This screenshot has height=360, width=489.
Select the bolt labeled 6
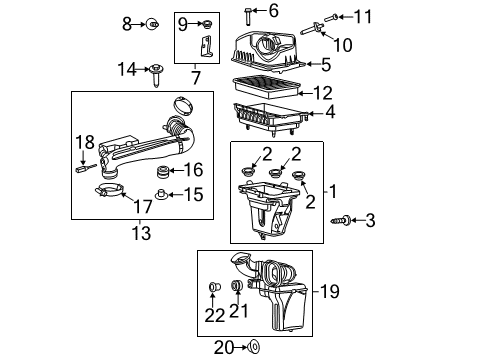(x=246, y=13)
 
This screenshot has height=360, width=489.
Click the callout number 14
(x=126, y=69)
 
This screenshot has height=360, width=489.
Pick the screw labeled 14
(x=158, y=73)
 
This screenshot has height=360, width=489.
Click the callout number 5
(x=325, y=65)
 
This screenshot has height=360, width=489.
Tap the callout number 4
(x=329, y=112)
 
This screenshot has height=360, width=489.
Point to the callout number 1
(x=334, y=190)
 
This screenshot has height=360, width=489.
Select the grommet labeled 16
(x=161, y=173)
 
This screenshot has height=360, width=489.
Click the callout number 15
(x=194, y=195)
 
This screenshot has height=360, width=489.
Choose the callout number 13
(x=141, y=233)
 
